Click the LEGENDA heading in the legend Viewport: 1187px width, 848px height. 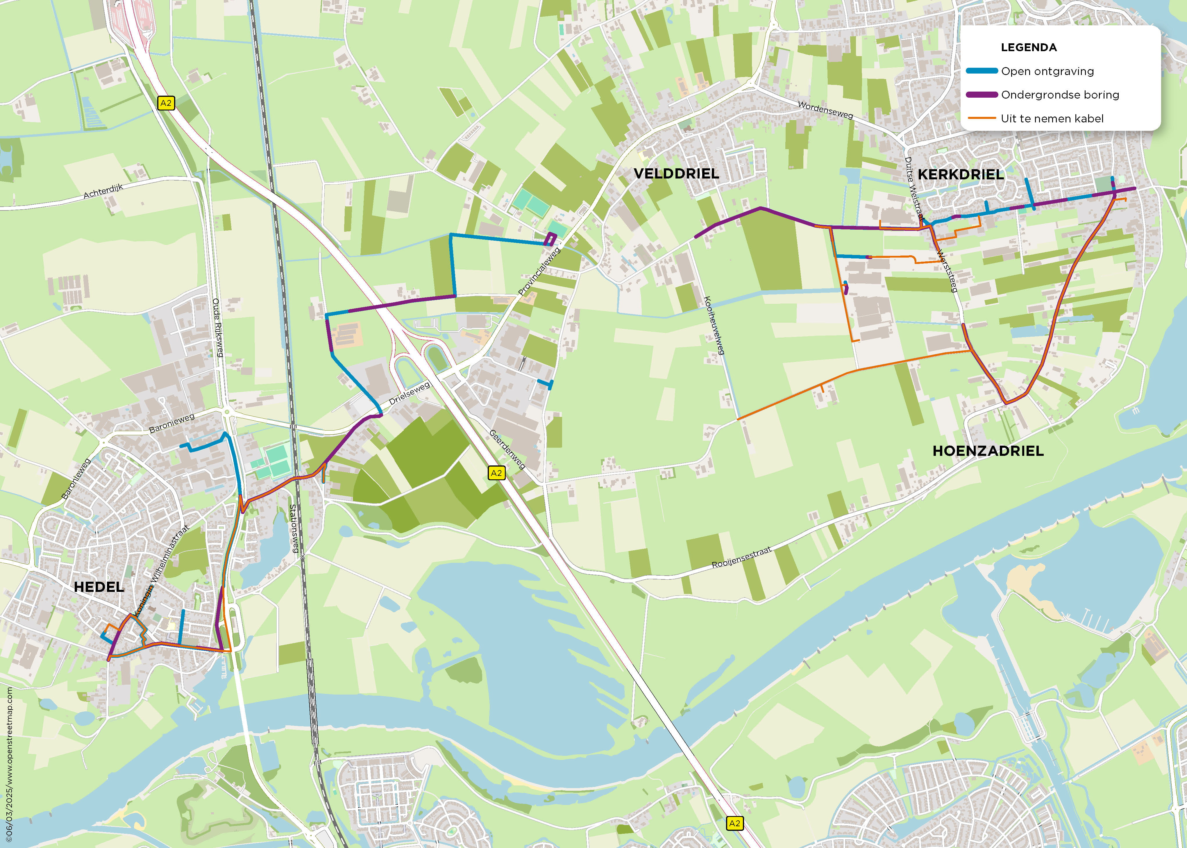click(x=1028, y=47)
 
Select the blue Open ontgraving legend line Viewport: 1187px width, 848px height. click(x=981, y=71)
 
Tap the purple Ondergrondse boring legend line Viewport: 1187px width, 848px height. click(x=981, y=94)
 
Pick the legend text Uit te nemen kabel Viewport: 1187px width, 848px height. click(x=1052, y=119)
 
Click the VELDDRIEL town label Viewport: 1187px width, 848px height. click(x=676, y=174)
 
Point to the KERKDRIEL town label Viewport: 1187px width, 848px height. click(x=961, y=175)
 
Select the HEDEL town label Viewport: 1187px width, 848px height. click(x=99, y=587)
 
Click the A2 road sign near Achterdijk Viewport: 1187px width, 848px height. click(x=165, y=103)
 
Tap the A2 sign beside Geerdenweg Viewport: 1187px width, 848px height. click(x=496, y=473)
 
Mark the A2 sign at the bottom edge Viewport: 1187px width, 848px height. click(x=734, y=824)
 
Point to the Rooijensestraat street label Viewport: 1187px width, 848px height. click(x=741, y=558)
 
